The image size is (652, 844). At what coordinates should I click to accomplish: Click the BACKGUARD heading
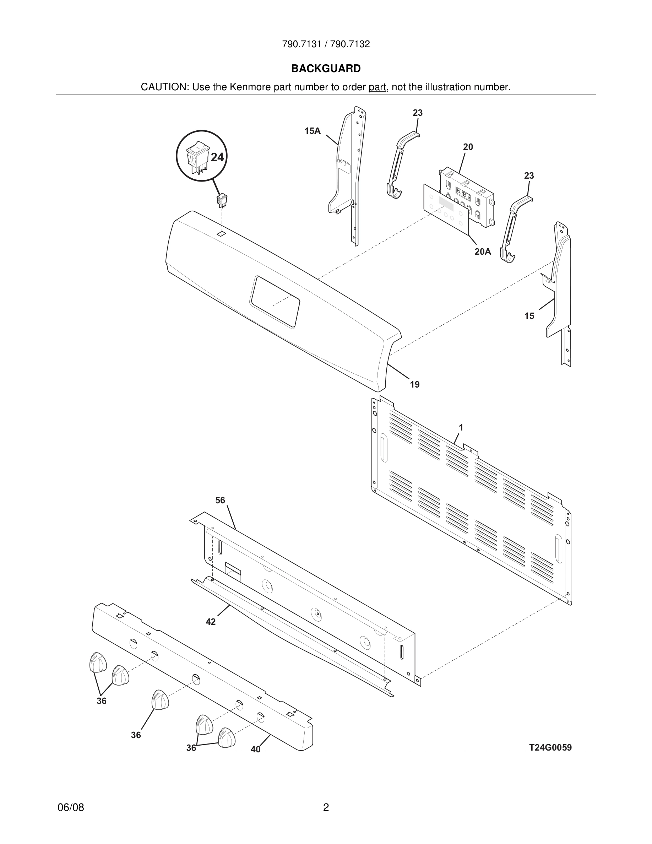(x=326, y=69)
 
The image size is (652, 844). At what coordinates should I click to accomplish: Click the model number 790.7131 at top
(x=301, y=44)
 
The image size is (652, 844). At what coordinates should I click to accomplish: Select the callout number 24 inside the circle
(x=217, y=157)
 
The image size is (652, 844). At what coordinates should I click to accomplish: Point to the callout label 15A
(x=312, y=131)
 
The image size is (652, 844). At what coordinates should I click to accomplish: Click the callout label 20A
(x=483, y=251)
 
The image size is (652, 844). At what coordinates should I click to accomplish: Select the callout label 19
(x=414, y=384)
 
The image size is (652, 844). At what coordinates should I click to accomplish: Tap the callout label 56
(x=220, y=501)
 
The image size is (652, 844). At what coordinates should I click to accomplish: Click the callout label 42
(x=211, y=622)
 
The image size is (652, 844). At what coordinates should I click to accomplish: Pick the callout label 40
(x=255, y=749)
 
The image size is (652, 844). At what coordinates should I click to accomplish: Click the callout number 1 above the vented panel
(x=461, y=427)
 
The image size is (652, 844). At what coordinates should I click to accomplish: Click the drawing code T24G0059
(x=550, y=747)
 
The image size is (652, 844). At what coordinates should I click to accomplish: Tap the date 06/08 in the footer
(x=71, y=807)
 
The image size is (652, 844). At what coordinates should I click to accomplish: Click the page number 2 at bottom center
(x=326, y=807)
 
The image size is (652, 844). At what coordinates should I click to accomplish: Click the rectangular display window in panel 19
(x=275, y=302)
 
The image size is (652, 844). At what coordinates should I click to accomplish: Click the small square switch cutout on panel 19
(x=221, y=233)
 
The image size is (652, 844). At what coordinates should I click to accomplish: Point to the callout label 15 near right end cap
(x=529, y=316)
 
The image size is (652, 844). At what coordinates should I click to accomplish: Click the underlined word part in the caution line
(x=377, y=87)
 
